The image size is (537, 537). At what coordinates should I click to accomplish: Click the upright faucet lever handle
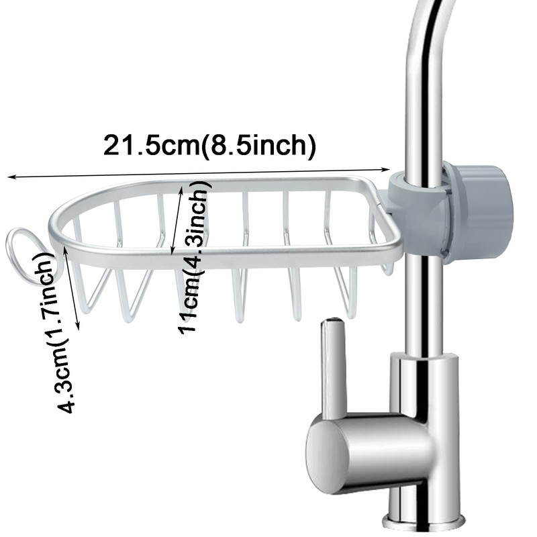coord(333,376)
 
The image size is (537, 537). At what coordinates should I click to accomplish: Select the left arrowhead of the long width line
coord(10,178)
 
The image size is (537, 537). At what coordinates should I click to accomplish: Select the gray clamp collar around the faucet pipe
coord(416,215)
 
